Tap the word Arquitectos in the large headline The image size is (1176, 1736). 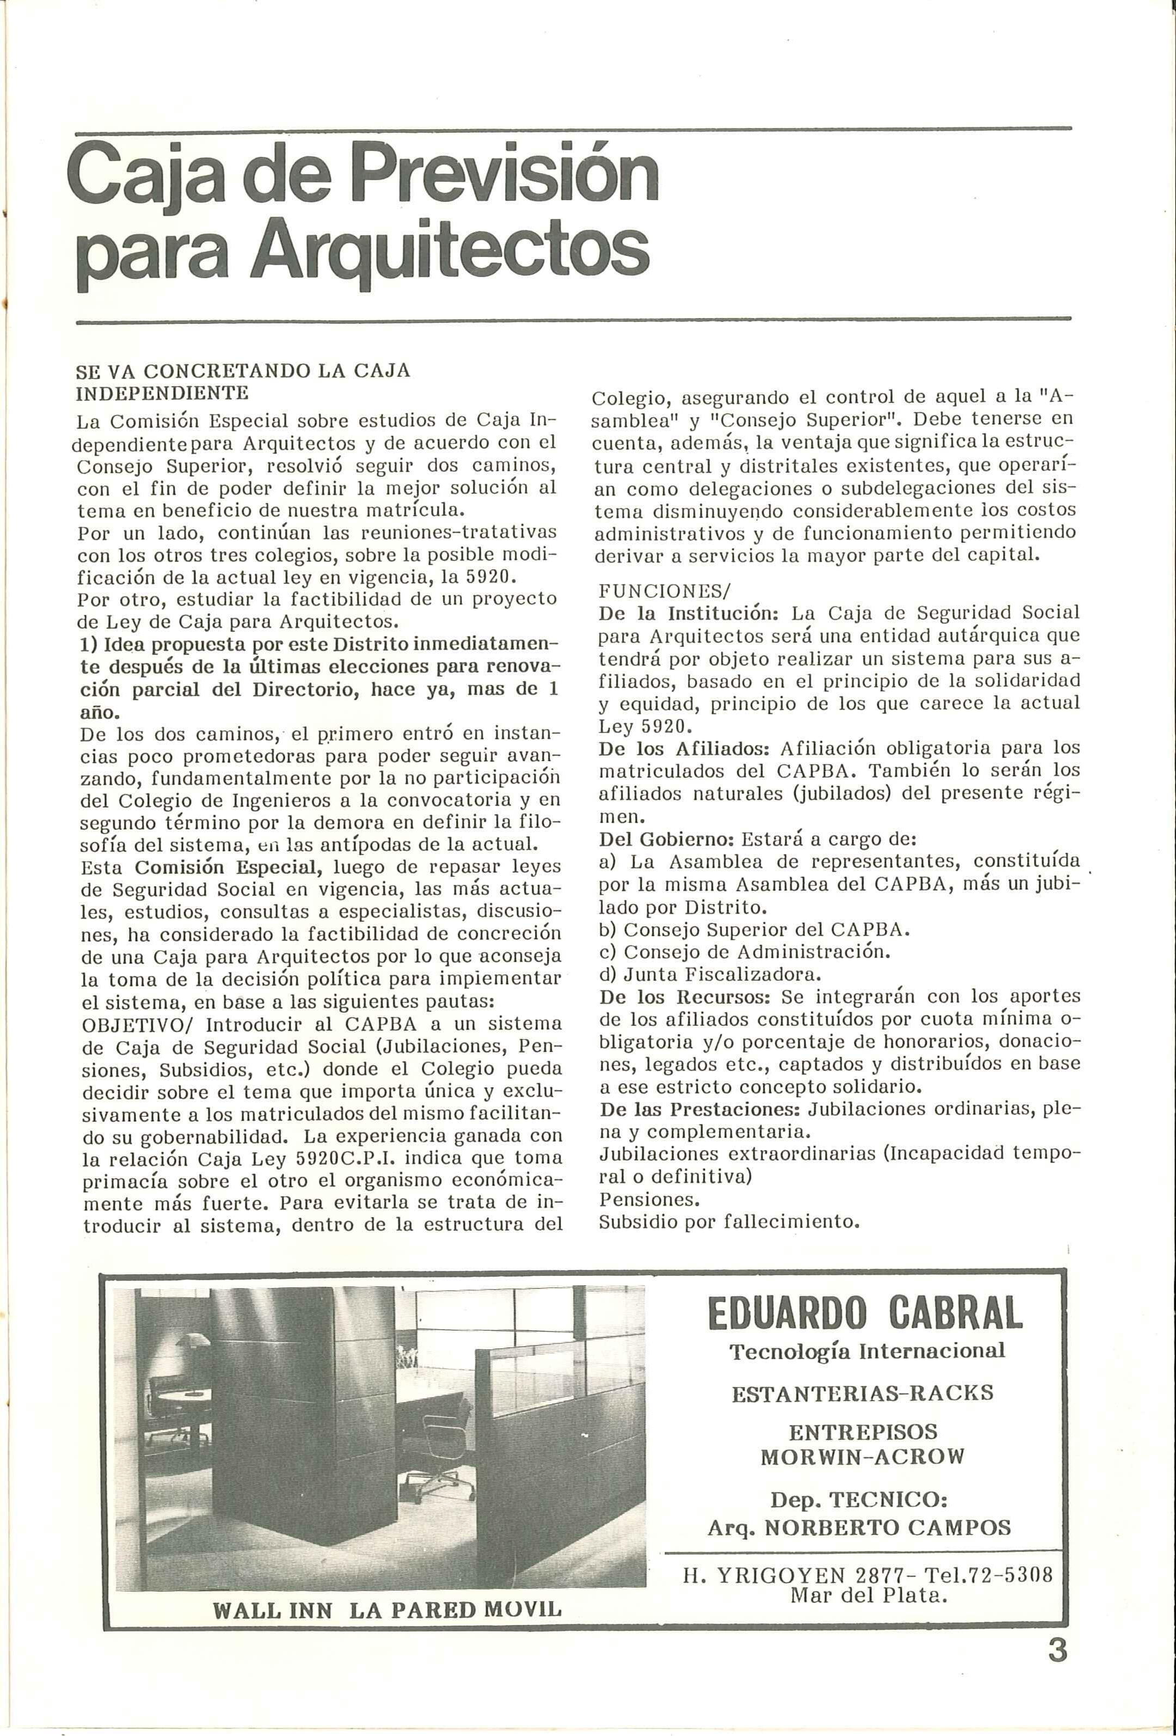(x=450, y=251)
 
